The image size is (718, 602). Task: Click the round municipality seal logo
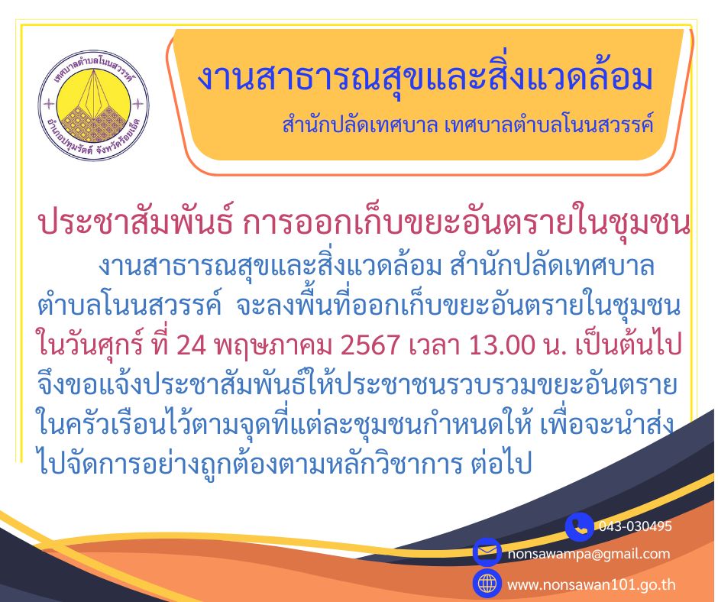pos(94,105)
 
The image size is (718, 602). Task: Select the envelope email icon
pos(487,552)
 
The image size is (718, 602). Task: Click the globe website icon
pos(487,583)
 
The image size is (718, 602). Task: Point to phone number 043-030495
pos(635,526)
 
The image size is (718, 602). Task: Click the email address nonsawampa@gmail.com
pos(588,554)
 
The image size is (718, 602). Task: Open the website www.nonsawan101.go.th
pos(591,584)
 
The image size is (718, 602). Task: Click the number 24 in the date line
pos(191,345)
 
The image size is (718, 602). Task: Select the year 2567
pos(370,345)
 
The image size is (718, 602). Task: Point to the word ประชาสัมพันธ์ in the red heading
pos(136,223)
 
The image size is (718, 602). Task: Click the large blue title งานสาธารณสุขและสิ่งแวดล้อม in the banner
pos(425,79)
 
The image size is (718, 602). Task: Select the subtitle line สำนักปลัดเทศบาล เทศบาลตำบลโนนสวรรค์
pos(467,125)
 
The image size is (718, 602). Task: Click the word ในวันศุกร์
pos(92,345)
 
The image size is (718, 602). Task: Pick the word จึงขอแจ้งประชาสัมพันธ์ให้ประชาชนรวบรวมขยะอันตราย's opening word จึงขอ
pos(68,385)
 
